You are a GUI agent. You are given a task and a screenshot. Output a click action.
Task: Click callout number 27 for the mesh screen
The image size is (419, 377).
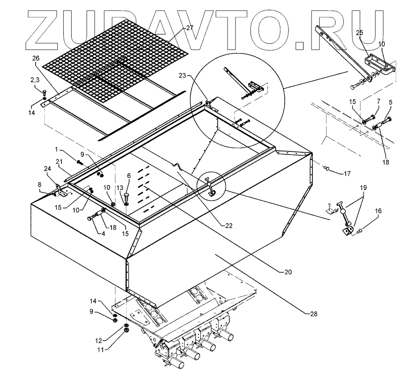[189, 28]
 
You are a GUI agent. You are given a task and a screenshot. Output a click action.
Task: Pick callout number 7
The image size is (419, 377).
[378, 101]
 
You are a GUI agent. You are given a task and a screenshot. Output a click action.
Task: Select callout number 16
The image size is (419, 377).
[378, 210]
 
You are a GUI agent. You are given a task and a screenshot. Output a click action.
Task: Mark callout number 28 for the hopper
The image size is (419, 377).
[314, 313]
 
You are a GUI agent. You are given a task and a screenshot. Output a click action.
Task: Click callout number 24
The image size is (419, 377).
[47, 168]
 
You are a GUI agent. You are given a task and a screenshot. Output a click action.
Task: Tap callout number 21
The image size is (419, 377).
[59, 161]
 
